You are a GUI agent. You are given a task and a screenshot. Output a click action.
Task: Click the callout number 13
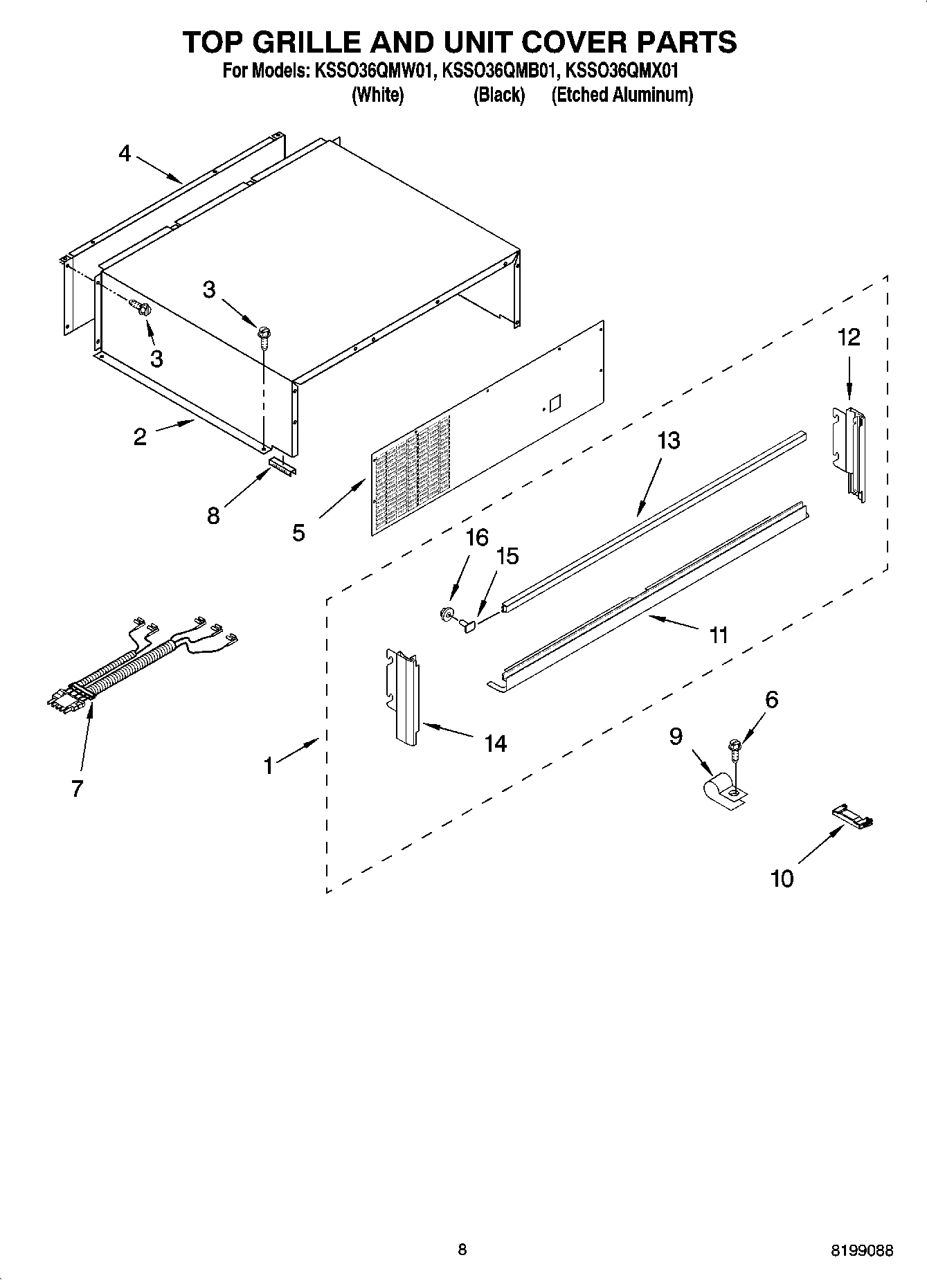669,440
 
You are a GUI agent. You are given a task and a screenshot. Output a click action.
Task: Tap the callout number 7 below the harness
78,788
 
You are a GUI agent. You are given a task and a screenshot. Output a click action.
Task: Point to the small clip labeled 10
851,814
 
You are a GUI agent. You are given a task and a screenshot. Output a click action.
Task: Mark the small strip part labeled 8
282,465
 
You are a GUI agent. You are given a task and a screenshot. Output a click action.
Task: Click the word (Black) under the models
498,95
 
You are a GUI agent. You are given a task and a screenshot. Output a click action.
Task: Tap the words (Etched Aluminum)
622,95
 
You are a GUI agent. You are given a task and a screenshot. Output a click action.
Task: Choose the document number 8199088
862,1250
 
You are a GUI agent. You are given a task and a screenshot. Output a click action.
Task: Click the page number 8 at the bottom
462,1250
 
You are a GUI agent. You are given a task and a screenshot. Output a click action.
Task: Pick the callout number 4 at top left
125,153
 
